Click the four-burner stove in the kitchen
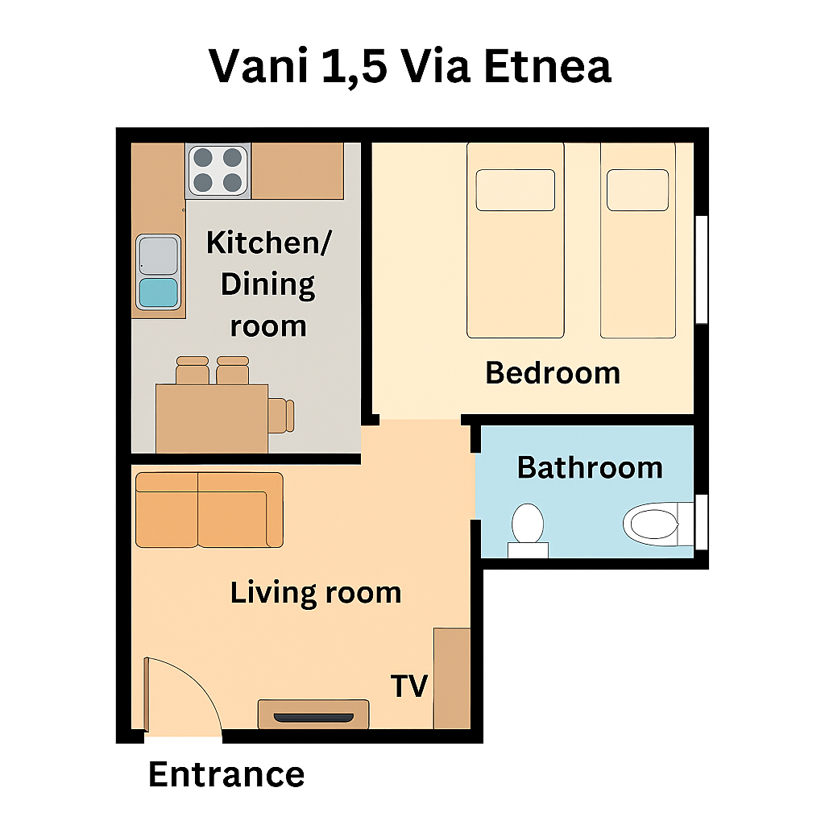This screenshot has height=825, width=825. [218, 171]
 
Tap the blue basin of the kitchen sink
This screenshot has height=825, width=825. [159, 292]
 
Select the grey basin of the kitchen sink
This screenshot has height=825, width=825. [159, 255]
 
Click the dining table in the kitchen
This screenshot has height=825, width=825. [212, 418]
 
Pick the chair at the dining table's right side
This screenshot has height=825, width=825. [281, 416]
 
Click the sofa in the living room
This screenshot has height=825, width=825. [209, 510]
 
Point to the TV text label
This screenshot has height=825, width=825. [408, 686]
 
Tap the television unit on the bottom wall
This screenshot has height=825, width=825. [313, 714]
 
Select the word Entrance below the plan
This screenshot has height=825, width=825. [226, 774]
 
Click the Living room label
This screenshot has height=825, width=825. [316, 593]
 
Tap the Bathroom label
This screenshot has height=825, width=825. [590, 467]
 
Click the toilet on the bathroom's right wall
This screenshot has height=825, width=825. [658, 524]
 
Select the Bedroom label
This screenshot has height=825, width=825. [553, 373]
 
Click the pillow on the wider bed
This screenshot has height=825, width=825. [516, 190]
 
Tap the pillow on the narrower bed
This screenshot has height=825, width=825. [638, 190]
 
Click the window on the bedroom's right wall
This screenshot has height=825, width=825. [702, 269]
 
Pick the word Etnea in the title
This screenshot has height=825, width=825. [548, 66]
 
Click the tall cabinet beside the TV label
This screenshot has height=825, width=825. [452, 678]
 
